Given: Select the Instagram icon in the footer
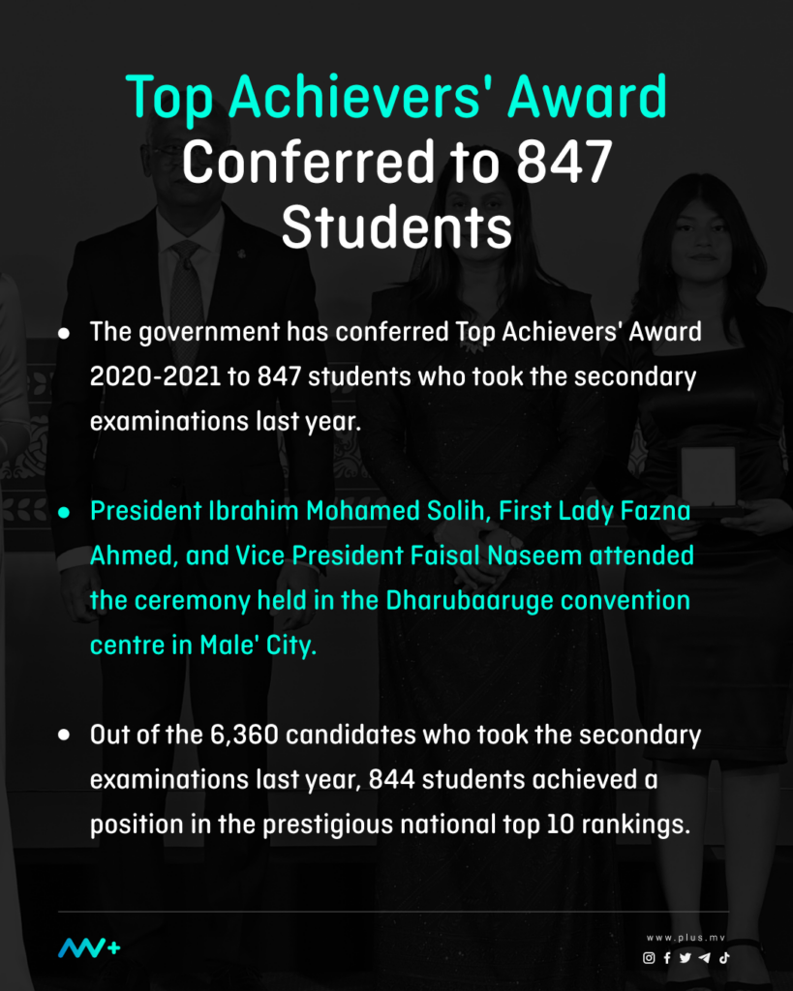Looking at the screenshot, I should pyautogui.click(x=649, y=957).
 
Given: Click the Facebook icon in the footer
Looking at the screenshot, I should pyautogui.click(x=667, y=957).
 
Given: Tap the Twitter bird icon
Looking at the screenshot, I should pyautogui.click(x=686, y=957).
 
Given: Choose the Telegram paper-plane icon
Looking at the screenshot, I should pyautogui.click(x=704, y=957).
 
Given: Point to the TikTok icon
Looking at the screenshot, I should pyautogui.click(x=723, y=957).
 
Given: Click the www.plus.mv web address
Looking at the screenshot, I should pyautogui.click(x=686, y=938).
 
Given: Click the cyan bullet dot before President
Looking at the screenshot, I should pyautogui.click(x=63, y=513).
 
